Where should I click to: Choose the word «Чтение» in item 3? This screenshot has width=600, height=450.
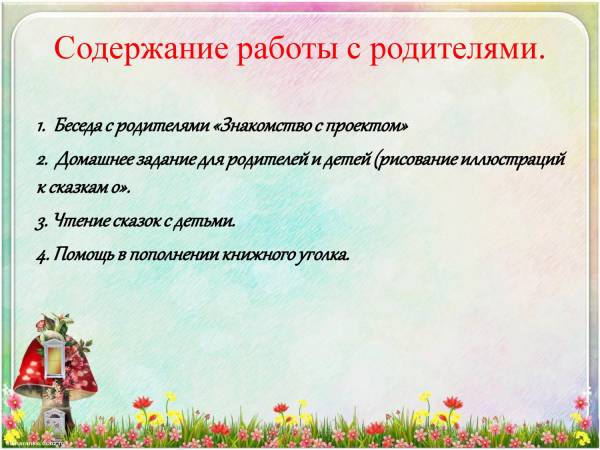(81, 221)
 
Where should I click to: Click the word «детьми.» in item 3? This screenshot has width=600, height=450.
(203, 222)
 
